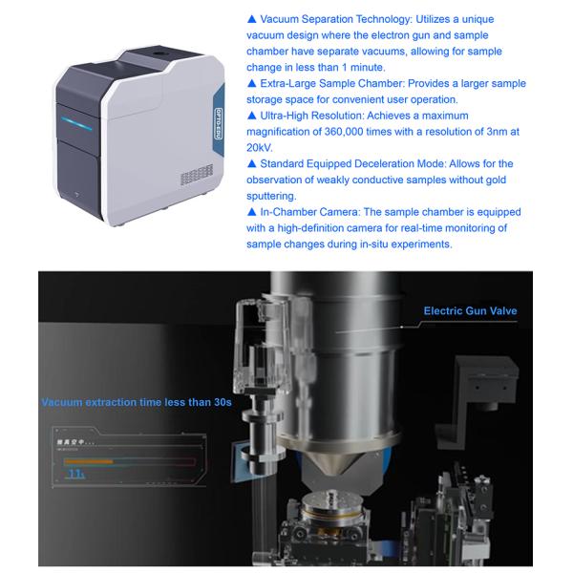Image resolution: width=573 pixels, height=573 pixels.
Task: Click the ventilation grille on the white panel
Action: point(195,174)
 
